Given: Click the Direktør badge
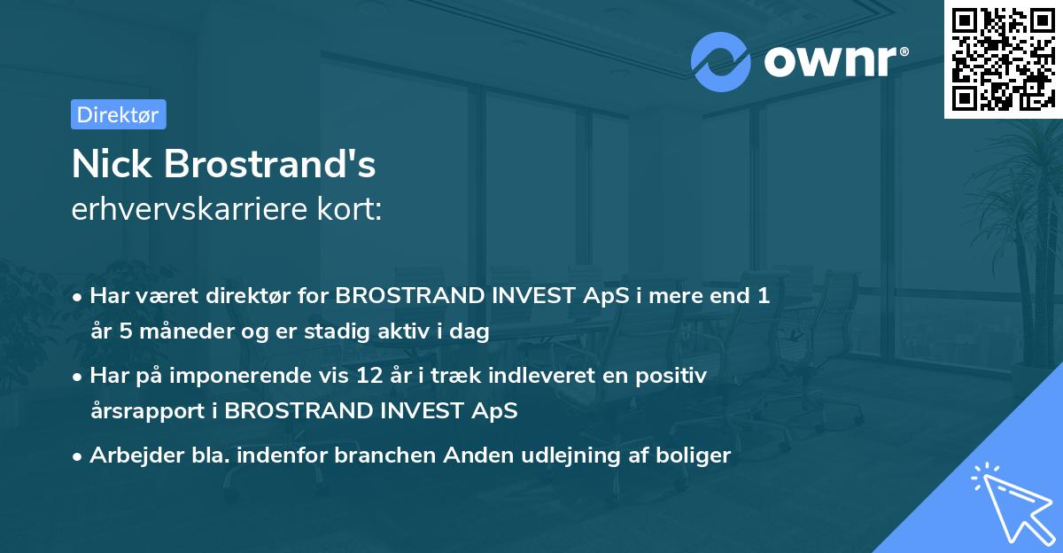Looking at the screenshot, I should pyautogui.click(x=118, y=114).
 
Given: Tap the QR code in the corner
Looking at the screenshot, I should pyautogui.click(x=1003, y=58).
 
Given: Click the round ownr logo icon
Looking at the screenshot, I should pyautogui.click(x=721, y=62).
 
